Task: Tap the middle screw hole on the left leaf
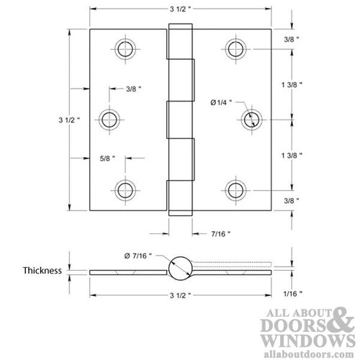click(x=110, y=119)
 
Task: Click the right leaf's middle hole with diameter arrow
click(x=251, y=120)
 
